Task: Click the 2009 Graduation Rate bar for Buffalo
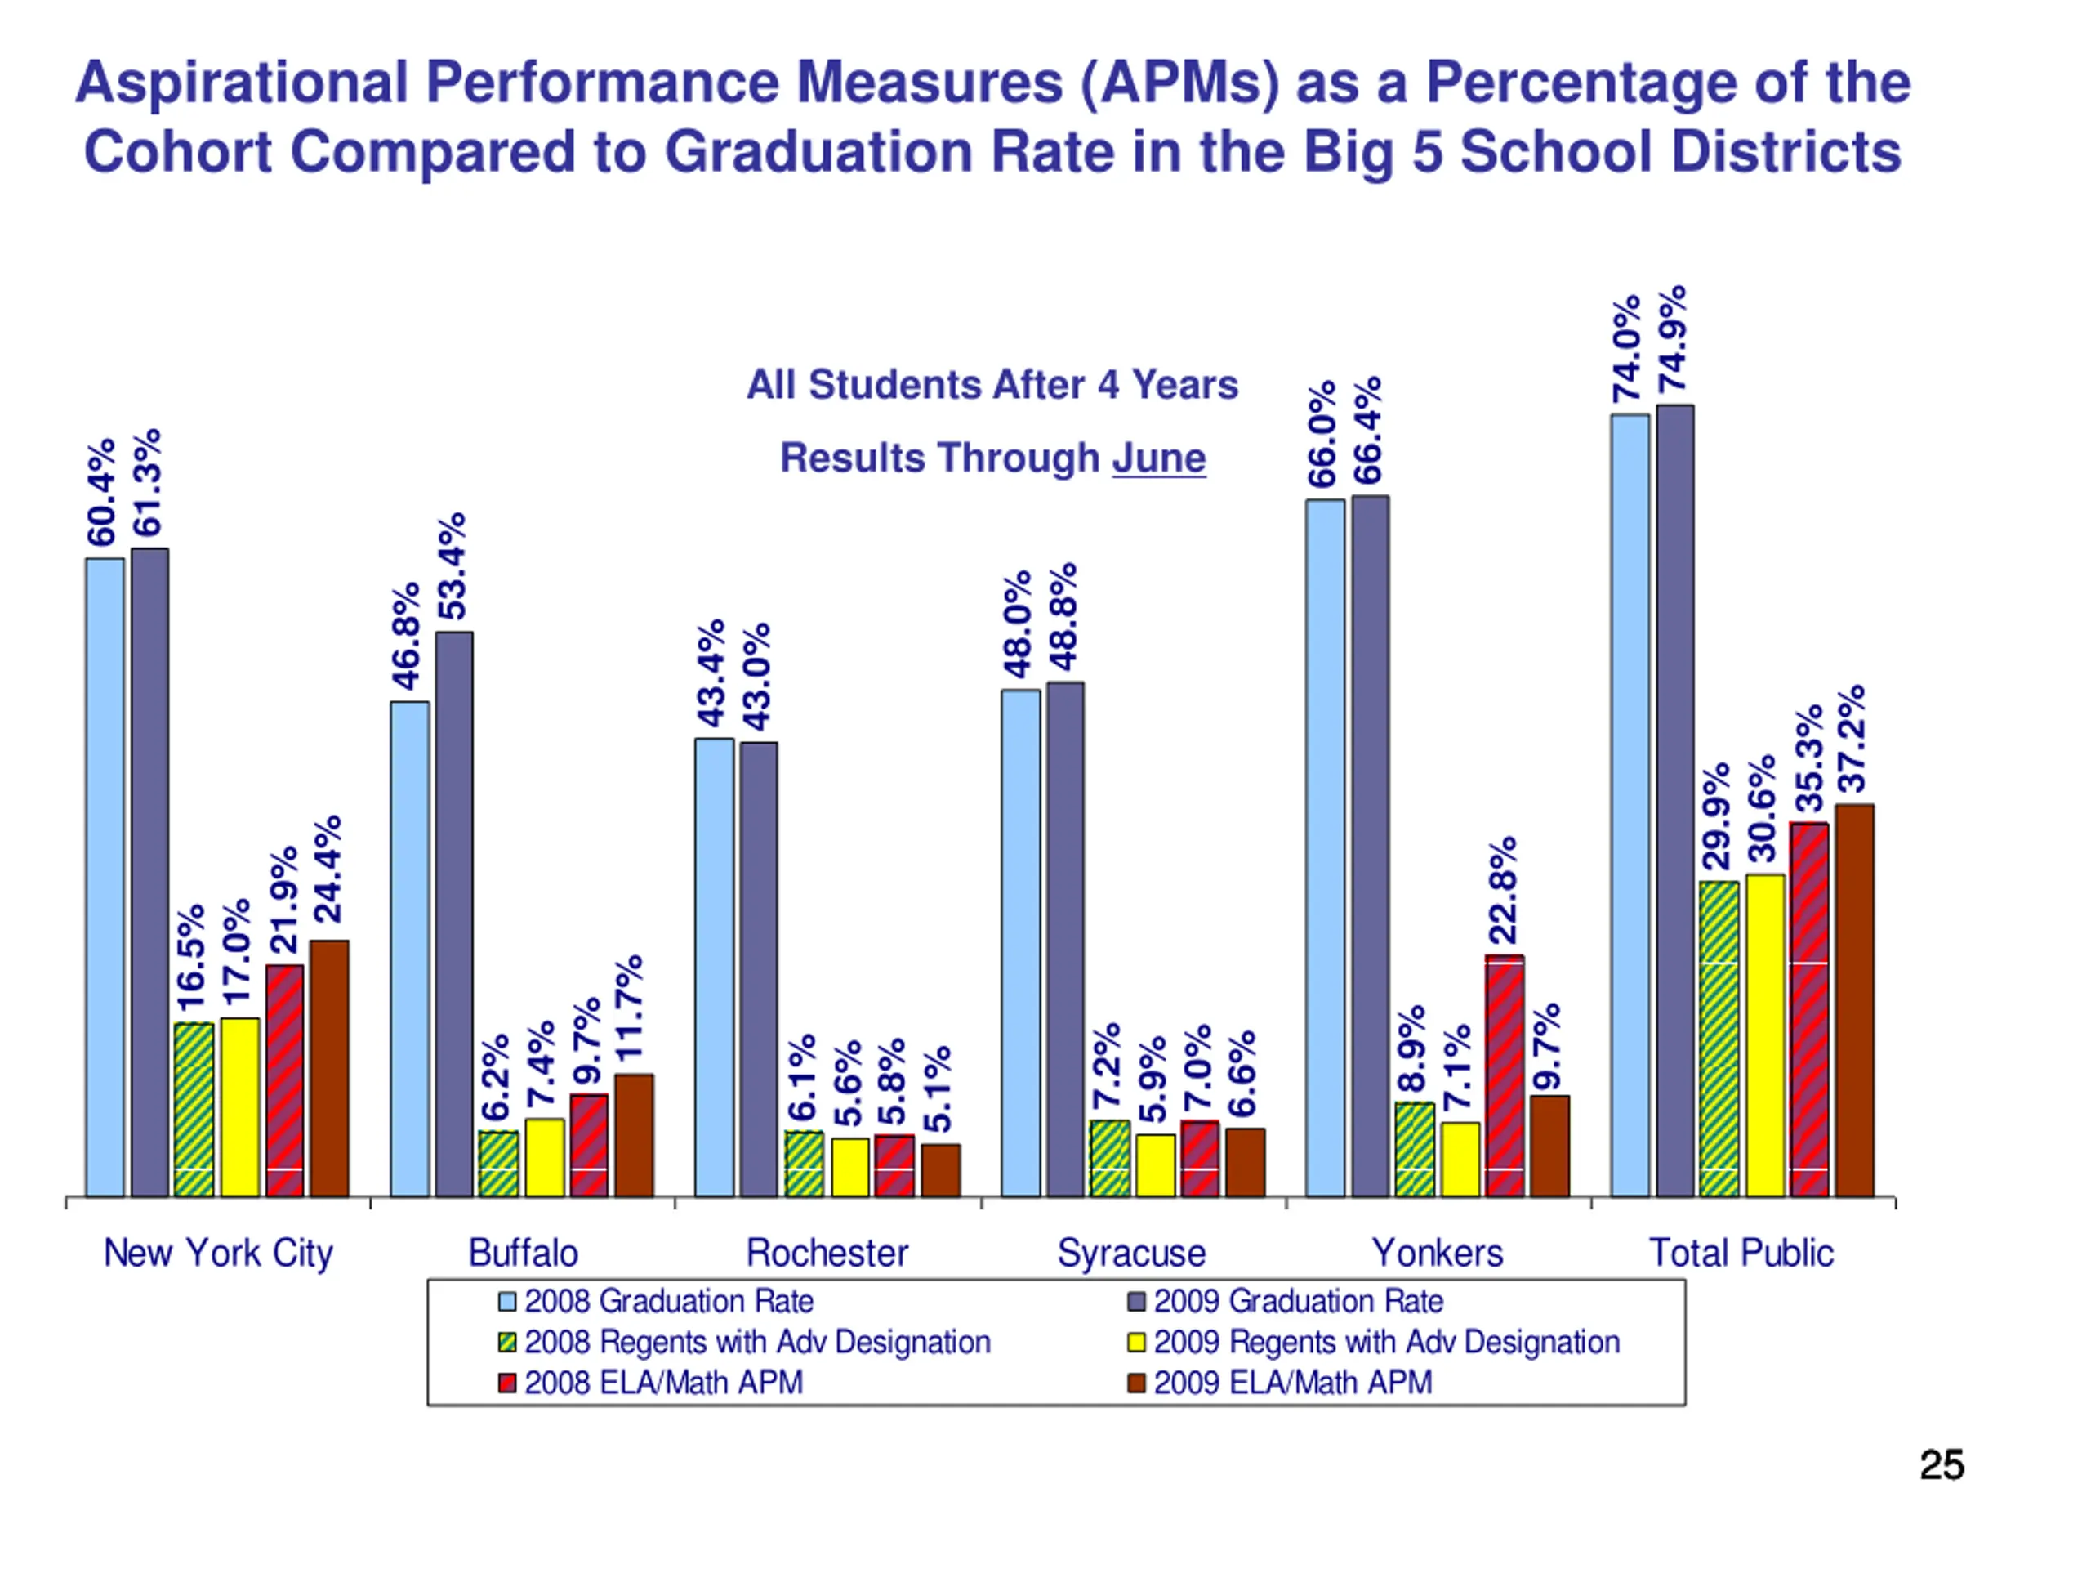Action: tap(454, 913)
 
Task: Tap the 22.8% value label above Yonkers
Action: tap(1503, 890)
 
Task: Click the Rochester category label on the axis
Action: tap(827, 1253)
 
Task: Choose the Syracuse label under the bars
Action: tap(1131, 1253)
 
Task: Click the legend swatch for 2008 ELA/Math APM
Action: tap(506, 1383)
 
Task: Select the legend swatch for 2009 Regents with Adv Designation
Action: tap(1137, 1343)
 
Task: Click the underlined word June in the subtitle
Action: tap(1158, 458)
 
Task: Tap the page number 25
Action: tap(1942, 1465)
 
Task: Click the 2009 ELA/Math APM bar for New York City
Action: tap(329, 1069)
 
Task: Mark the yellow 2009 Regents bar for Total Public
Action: tap(1765, 1035)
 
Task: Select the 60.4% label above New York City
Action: tap(102, 492)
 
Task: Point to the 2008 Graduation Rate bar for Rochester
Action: tap(714, 967)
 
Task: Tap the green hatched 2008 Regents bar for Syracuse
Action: tap(1110, 1158)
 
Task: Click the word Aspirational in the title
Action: tap(242, 83)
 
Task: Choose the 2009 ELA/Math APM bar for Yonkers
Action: tap(1549, 1147)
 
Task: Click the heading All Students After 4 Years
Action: tap(992, 386)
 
